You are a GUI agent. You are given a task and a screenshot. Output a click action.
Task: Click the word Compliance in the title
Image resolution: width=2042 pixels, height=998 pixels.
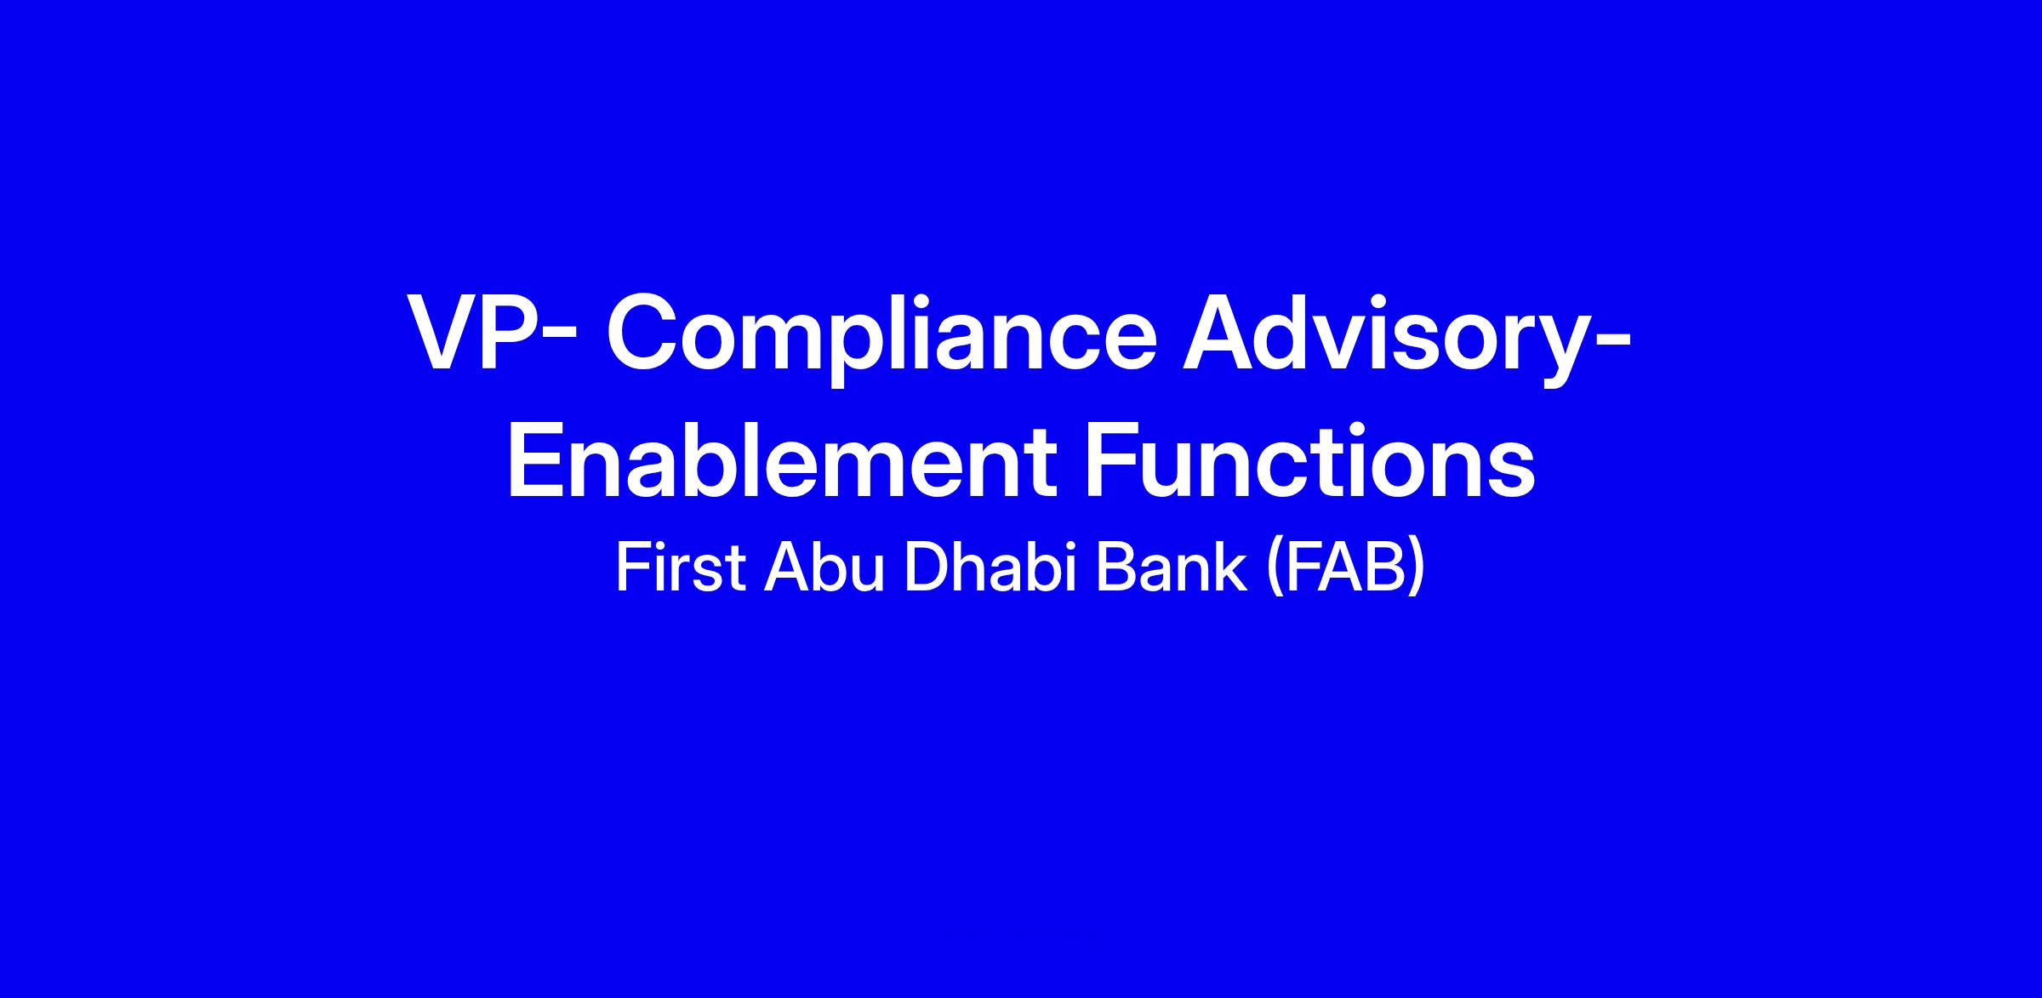(881, 337)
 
